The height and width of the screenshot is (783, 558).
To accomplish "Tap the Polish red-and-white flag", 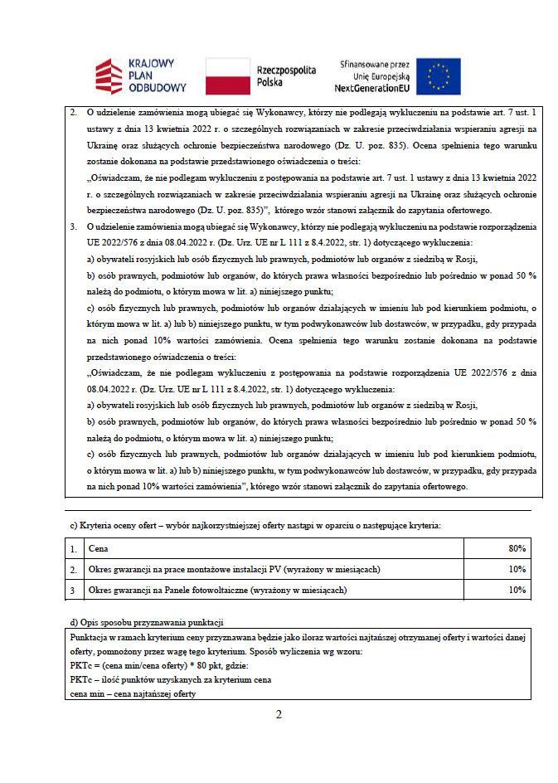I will (x=227, y=75).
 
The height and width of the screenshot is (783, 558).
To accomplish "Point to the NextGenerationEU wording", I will (x=372, y=87).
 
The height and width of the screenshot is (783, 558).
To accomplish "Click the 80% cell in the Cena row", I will (x=517, y=549).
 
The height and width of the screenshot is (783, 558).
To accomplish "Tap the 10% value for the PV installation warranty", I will (x=517, y=569).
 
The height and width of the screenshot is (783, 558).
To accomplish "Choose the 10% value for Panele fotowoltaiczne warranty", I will (x=517, y=590).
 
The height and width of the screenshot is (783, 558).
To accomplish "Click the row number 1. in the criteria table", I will (x=74, y=549).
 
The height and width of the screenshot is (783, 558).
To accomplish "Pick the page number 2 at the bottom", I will (x=279, y=714).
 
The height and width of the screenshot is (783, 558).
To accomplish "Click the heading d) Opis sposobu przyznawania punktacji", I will (x=147, y=622).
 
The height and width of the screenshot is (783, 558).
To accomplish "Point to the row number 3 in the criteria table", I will (x=73, y=590).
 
